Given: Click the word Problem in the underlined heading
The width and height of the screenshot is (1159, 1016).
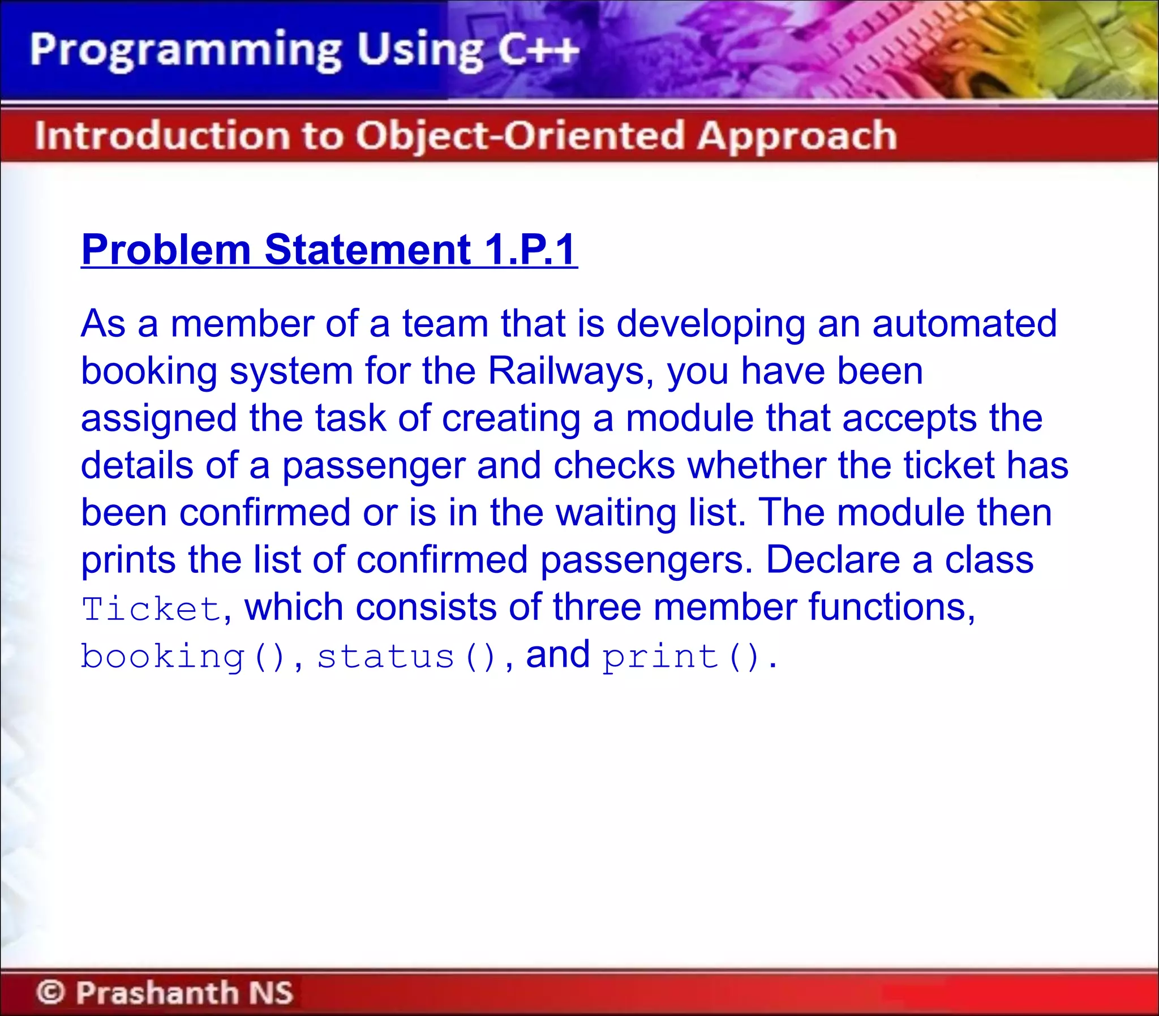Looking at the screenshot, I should (166, 250).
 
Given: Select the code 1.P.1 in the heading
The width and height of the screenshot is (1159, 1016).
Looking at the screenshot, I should (530, 250).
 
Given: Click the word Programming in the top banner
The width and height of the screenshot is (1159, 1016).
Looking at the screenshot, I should (186, 51).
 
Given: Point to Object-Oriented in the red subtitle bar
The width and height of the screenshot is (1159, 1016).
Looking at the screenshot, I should (520, 136).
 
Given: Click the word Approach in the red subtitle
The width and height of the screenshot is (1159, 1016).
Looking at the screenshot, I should (797, 136).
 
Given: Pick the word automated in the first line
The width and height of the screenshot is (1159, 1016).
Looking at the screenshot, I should (964, 324).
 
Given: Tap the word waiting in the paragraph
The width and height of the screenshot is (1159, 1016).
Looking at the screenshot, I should (616, 513).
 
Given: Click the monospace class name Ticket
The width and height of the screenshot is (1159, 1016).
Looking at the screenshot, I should (151, 609).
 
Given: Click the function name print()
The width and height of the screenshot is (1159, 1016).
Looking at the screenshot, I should (681, 657).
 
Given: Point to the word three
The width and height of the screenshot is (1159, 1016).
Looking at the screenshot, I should (597, 607).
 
